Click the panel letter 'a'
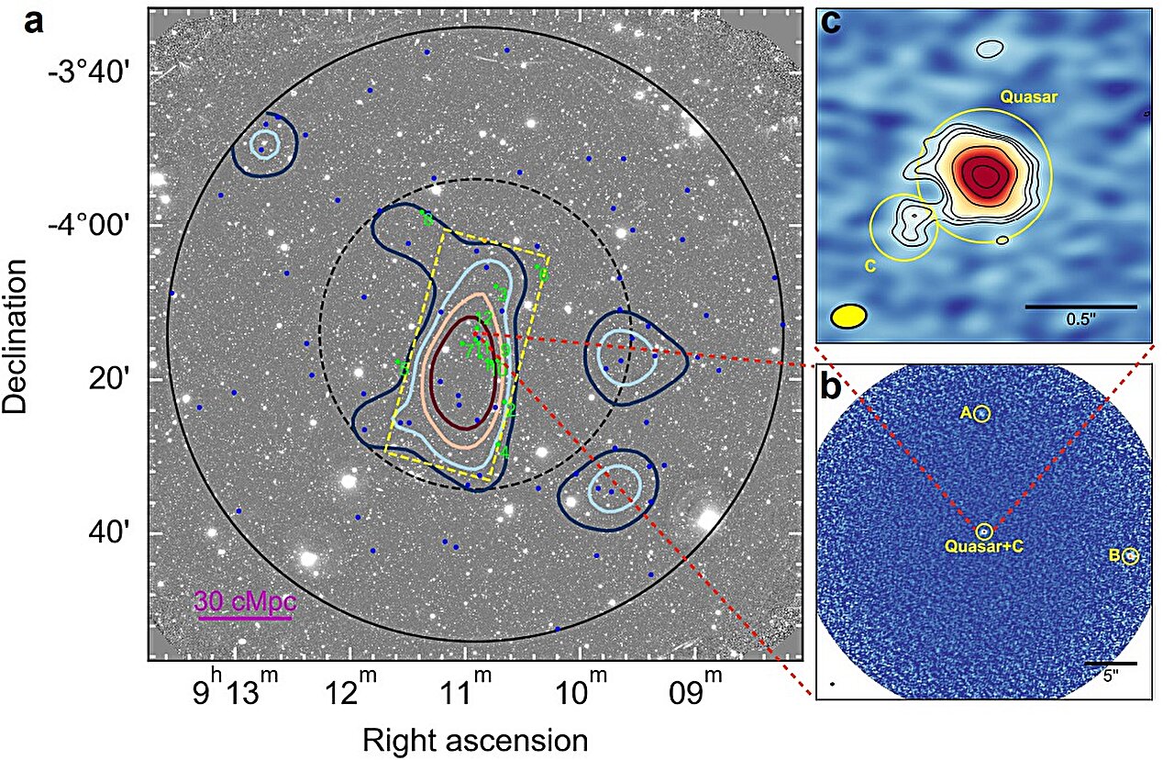[x=34, y=21]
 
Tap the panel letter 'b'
[x=831, y=387]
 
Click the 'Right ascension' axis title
[x=474, y=740]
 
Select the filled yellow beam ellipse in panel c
[x=848, y=315]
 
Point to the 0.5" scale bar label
[x=1080, y=320]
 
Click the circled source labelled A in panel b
[x=982, y=414]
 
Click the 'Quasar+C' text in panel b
[x=983, y=546]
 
